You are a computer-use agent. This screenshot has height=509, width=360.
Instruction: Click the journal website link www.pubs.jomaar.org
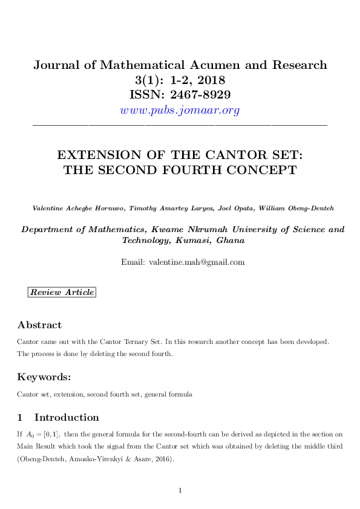[x=180, y=110]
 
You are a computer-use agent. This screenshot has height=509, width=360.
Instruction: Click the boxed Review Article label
[x=62, y=293]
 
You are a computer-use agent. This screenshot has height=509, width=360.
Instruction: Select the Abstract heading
[x=39, y=325]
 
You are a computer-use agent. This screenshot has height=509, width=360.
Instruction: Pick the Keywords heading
[x=44, y=377]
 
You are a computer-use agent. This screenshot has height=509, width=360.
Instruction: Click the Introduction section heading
[x=67, y=417]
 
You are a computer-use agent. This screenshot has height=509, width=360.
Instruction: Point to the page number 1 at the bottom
[x=180, y=490]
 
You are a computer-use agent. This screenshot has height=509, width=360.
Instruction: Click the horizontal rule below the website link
[x=180, y=125]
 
